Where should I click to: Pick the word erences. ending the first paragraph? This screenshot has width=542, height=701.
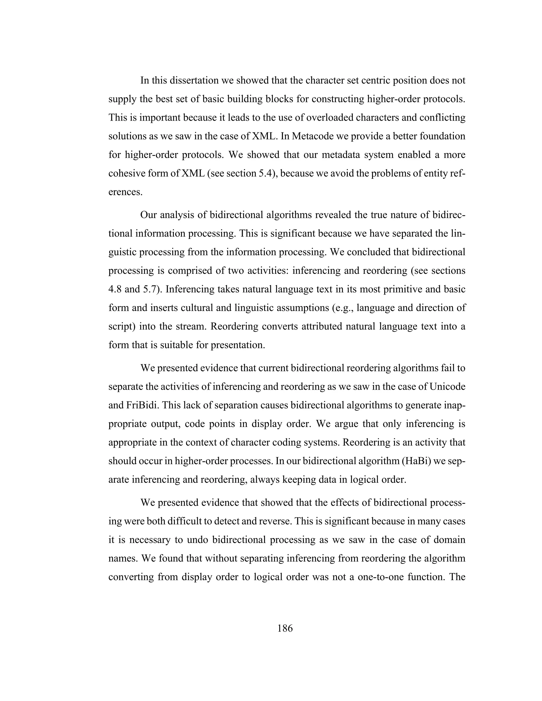pyautogui.click(x=125, y=192)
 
